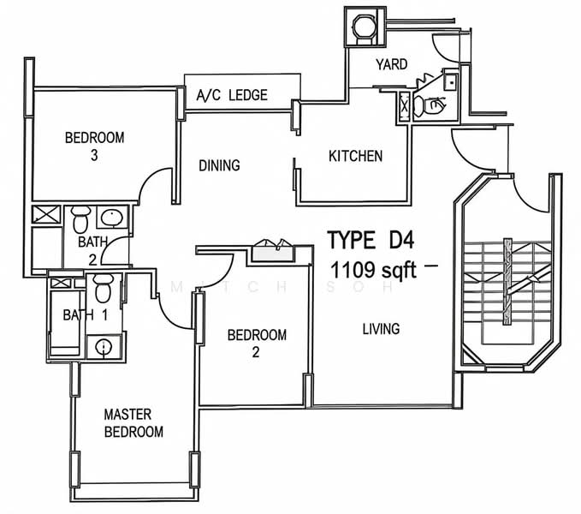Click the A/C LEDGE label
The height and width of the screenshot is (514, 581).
point(232,95)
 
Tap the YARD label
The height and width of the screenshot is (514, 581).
point(392,64)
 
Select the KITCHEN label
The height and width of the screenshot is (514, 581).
point(355,156)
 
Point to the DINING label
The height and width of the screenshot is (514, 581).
point(219,165)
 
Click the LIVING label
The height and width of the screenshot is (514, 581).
point(382,329)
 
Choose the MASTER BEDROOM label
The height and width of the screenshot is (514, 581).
point(133,423)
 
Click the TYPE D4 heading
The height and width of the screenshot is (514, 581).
point(371,240)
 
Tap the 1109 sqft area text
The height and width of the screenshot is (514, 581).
point(373,270)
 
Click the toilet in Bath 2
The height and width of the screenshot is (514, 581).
point(80,218)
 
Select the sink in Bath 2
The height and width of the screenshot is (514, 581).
point(112,218)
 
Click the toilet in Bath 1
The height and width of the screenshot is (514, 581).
point(103,288)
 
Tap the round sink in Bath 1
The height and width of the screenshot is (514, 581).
point(104,348)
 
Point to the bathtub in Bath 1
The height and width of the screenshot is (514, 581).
point(65,323)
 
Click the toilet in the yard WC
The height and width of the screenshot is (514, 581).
point(430,105)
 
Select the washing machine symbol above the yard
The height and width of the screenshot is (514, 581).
point(364,27)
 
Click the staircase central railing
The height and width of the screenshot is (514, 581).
point(507,282)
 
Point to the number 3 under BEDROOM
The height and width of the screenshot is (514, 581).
point(94,155)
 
